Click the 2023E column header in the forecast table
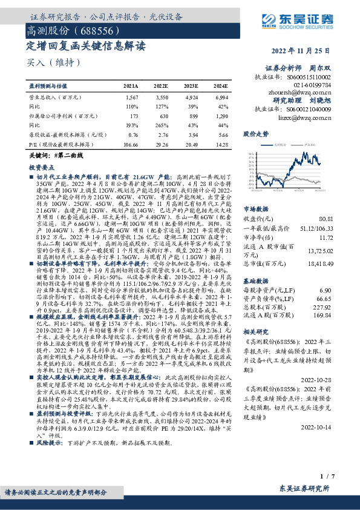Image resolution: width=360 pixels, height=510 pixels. (192, 86)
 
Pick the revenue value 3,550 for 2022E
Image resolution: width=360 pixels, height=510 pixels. (162, 97)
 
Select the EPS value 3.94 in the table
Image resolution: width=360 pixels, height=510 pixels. (192, 136)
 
